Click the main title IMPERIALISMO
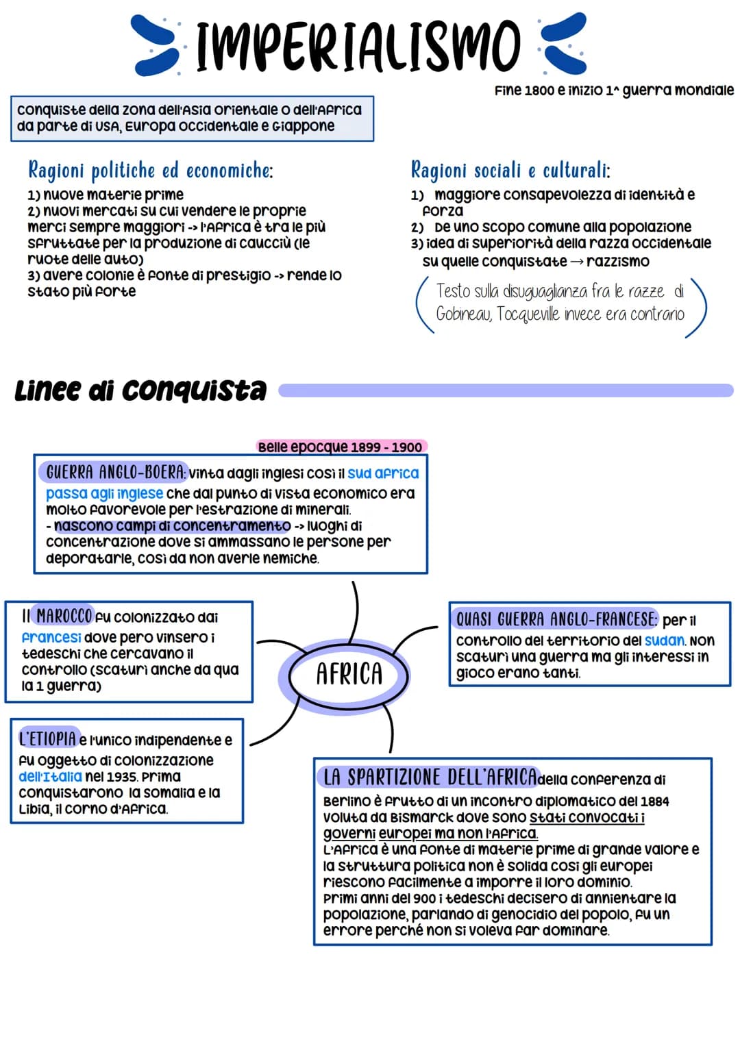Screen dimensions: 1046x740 pos(358,45)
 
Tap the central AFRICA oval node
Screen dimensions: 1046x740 pos(349,674)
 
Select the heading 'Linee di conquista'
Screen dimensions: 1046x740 pos(140,390)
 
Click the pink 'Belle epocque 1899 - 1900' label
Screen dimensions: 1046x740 pos(340,447)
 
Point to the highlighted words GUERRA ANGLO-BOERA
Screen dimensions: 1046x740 pos(114,472)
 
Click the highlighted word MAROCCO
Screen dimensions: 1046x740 pos(64,616)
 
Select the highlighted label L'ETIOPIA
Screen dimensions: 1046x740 pos(47,738)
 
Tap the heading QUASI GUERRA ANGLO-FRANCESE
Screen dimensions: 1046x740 pos(556,619)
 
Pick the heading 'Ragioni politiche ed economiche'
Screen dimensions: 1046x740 pos(150,169)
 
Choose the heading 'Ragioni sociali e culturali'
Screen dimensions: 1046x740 pos(510,169)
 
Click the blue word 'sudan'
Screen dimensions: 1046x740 pos(664,640)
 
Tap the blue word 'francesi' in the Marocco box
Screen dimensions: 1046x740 pos(51,637)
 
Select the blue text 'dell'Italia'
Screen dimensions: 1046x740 pos(50,776)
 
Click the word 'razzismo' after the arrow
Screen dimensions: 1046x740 pos(618,261)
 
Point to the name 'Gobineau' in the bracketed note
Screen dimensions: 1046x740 pos(463,314)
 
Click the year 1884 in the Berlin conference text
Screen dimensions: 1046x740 pos(654,801)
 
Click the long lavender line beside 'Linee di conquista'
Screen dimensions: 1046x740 pos(506,390)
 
